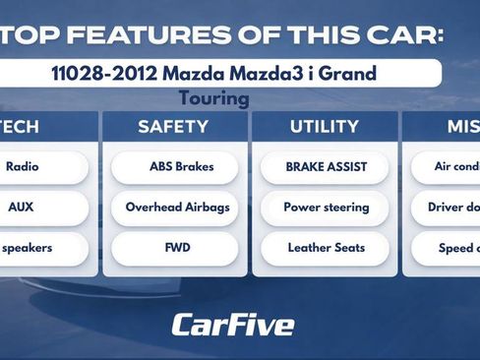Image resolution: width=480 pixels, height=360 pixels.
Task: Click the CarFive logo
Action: pos(233,324)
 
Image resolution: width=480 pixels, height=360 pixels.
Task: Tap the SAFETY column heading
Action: pos(173,127)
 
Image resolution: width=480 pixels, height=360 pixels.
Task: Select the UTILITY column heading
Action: pos(325,127)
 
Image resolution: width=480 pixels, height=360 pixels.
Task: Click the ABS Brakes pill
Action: pos(174,166)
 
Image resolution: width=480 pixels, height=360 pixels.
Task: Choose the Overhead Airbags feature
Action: pos(174,208)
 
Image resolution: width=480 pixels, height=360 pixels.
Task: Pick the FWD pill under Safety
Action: pos(174,248)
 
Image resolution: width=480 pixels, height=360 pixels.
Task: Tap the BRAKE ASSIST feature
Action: pos(326,166)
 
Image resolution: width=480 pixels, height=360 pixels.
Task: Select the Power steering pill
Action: pos(326,208)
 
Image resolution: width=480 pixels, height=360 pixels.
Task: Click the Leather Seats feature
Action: pos(326,248)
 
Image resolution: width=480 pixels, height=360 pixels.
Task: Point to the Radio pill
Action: pos(24,166)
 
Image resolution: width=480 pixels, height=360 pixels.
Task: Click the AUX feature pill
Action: pos(22,208)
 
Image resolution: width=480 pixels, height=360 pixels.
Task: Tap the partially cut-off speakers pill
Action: pos(28,248)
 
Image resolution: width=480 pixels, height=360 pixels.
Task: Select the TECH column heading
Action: pos(22,127)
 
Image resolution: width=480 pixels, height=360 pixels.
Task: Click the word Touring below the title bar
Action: pos(214,98)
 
